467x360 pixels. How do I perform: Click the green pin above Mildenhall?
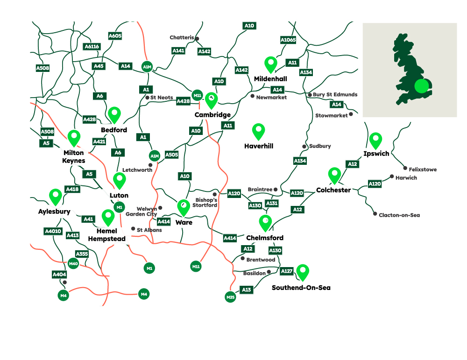[x=270, y=64]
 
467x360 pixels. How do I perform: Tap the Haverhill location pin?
[x=258, y=131]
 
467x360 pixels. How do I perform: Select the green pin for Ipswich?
[x=375, y=140]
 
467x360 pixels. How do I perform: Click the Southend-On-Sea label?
[x=301, y=288]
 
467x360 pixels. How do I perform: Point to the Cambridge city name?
[x=212, y=115]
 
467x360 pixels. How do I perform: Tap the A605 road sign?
[x=115, y=36]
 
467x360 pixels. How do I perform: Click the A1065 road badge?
[x=288, y=40]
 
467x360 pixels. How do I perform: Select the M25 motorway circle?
[x=230, y=297]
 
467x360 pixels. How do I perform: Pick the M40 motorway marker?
[x=73, y=264]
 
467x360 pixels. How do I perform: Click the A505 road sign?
[x=171, y=155]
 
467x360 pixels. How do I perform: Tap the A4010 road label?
[x=53, y=231]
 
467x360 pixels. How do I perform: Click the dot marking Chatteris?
[x=197, y=38]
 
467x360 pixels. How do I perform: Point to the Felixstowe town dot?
[x=405, y=168]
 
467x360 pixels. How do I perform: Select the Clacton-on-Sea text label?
[x=400, y=215]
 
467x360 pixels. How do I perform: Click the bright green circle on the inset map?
[x=421, y=86]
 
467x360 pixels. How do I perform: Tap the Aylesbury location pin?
[x=56, y=197]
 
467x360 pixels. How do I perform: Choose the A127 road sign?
[x=287, y=271]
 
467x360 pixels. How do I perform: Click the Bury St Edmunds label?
[x=335, y=95]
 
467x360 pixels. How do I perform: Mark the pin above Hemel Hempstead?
[x=108, y=217]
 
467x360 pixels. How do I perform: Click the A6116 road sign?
[x=92, y=47]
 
